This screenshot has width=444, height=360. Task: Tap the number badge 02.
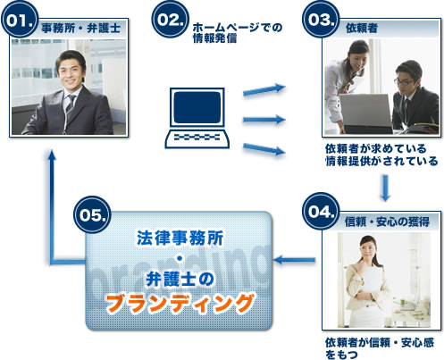171,20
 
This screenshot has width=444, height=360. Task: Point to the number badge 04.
319,212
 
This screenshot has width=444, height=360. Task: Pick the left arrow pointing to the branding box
288,260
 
